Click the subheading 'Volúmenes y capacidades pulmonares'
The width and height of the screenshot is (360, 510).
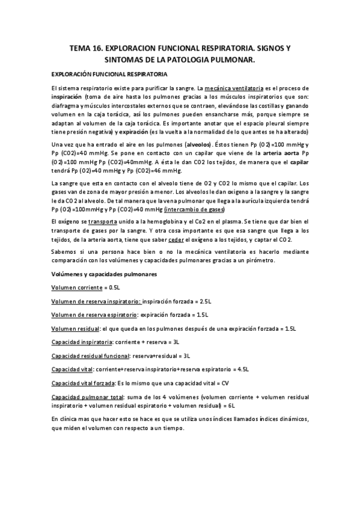click(x=104, y=274)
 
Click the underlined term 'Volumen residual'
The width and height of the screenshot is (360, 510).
click(x=76, y=328)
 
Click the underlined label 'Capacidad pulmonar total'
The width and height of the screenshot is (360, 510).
click(x=87, y=397)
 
